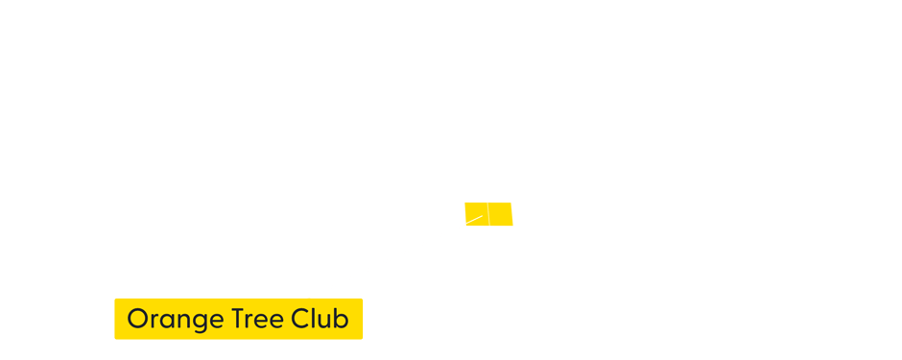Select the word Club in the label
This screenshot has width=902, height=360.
click(x=319, y=319)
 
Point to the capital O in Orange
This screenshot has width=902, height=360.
click(x=137, y=319)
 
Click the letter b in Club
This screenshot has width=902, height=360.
click(x=341, y=318)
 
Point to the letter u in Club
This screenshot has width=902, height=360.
click(x=324, y=321)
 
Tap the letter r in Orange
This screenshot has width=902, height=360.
click(x=152, y=321)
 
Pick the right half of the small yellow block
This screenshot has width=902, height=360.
click(x=501, y=214)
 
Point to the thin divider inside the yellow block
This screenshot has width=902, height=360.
click(x=488, y=214)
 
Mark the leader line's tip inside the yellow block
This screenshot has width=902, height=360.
click(x=483, y=215)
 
